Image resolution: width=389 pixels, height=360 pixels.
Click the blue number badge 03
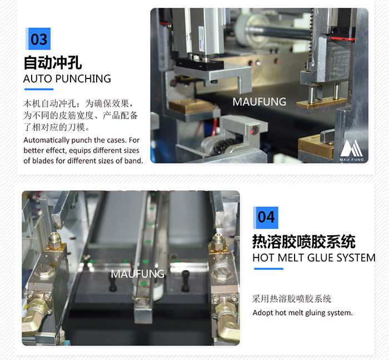38,39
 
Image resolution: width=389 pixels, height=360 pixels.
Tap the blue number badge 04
266,218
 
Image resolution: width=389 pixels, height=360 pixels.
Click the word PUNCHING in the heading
83,79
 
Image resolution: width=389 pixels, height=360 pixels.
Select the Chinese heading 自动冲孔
53,63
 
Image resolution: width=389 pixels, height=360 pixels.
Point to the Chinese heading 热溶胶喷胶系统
304,241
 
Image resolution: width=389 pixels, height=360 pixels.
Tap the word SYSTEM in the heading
355,258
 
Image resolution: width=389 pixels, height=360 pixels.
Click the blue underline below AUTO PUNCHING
39,90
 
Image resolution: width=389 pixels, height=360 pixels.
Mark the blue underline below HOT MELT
268,269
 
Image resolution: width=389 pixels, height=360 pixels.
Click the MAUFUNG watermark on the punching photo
260,102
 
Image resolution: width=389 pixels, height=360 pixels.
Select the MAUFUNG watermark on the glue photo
137,274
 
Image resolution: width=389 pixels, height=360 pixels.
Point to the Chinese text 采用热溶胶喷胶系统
292,299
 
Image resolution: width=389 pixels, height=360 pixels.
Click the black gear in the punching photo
225,146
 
